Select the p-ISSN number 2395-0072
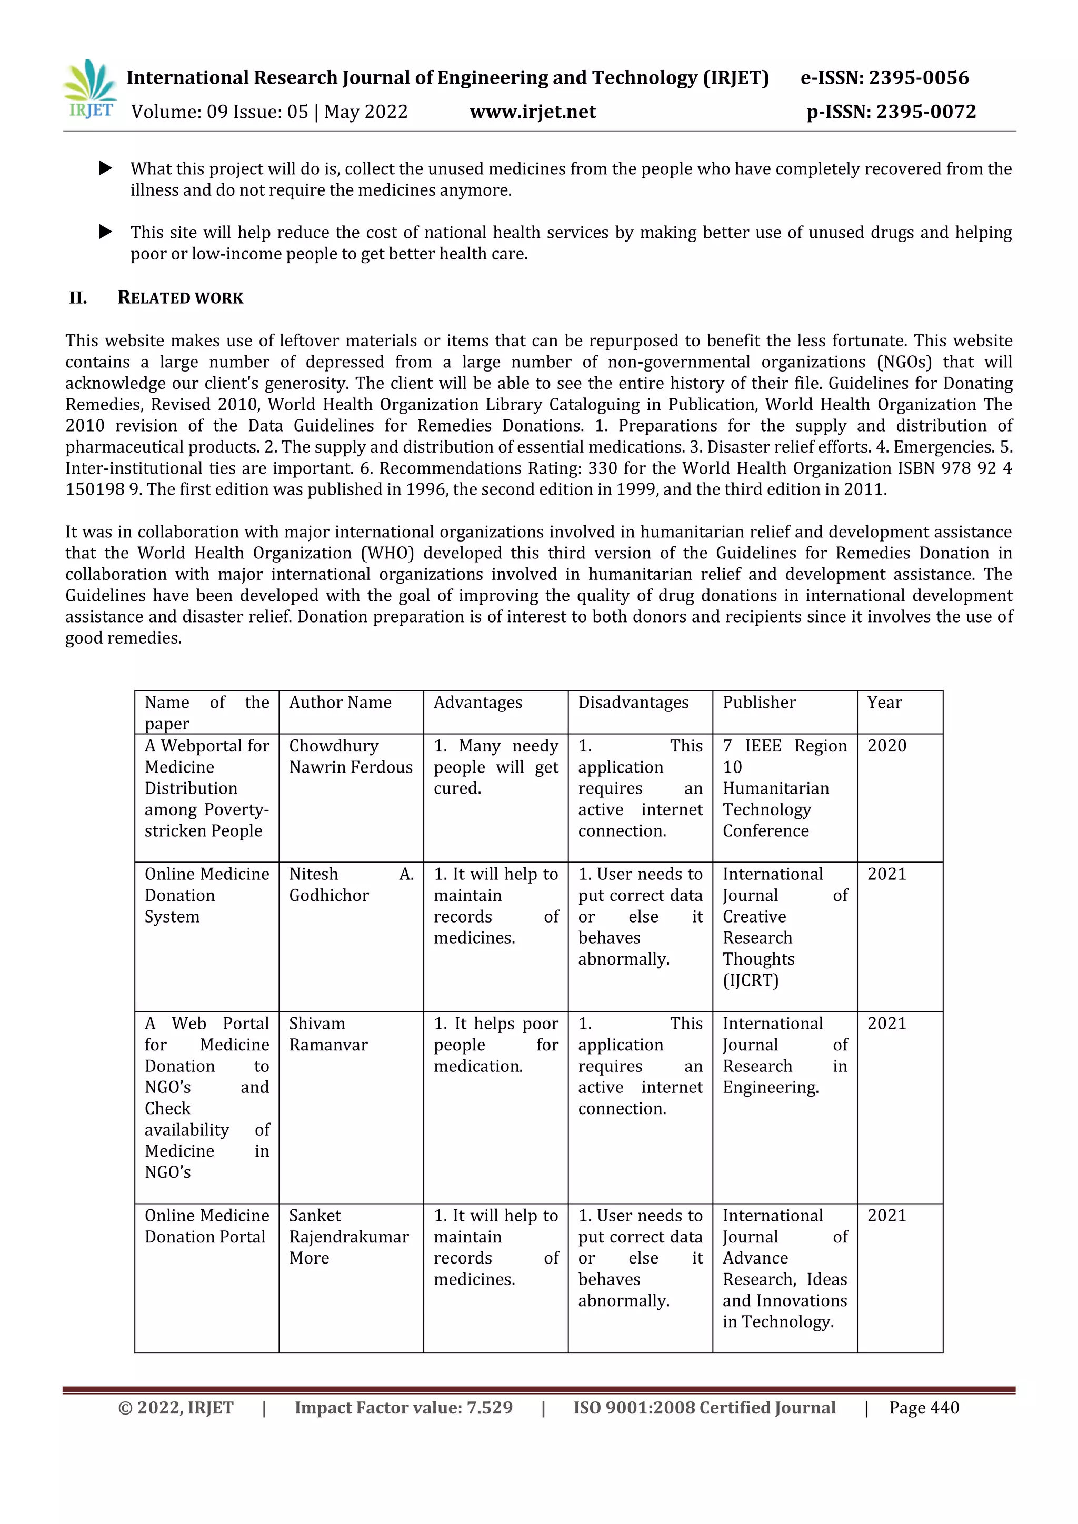tap(925, 112)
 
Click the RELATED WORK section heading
tap(180, 298)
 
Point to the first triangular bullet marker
tap(105, 168)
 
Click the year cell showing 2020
tap(886, 746)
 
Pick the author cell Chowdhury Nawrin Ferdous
tap(351, 757)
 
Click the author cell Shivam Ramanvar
tap(328, 1034)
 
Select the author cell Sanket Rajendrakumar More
tap(348, 1237)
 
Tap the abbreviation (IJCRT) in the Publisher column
tap(750, 980)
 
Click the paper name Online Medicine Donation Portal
tap(206, 1226)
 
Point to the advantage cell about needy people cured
tap(495, 767)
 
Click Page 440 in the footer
tap(923, 1408)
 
